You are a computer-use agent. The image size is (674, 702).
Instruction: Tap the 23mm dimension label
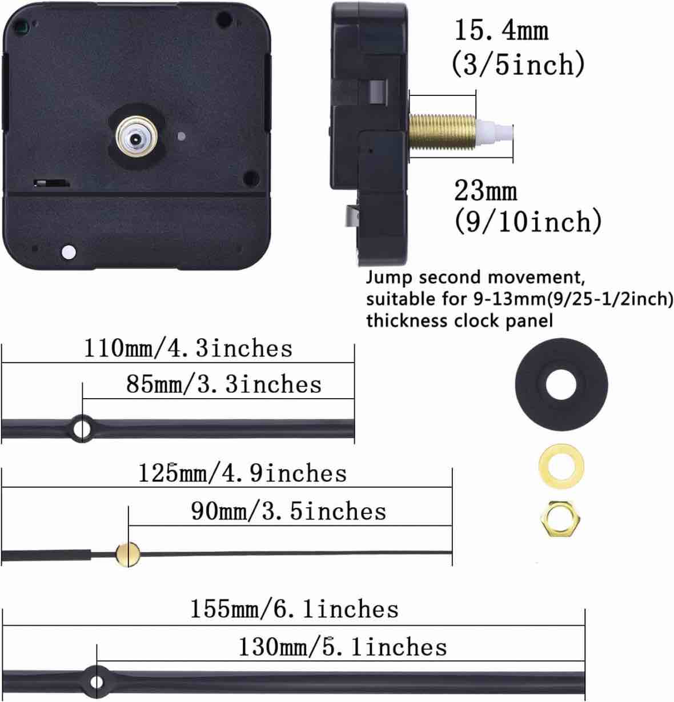click(486, 190)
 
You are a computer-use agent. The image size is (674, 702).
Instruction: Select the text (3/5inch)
click(518, 64)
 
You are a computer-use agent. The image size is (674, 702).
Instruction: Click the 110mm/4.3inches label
click(188, 348)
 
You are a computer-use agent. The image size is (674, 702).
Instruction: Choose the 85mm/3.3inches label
click(224, 384)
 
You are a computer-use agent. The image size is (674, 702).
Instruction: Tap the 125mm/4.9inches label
click(242, 473)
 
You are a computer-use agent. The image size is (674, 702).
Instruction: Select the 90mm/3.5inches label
click(288, 511)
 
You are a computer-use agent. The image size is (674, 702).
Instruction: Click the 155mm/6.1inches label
click(294, 609)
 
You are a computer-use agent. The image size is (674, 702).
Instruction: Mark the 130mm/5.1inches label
click(342, 647)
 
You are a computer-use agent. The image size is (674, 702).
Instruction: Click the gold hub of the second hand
click(128, 553)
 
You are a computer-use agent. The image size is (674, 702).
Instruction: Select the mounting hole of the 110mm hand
click(82, 427)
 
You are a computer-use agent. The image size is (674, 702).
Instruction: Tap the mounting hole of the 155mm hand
click(97, 681)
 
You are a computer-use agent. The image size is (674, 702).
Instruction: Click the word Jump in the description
click(390, 278)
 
